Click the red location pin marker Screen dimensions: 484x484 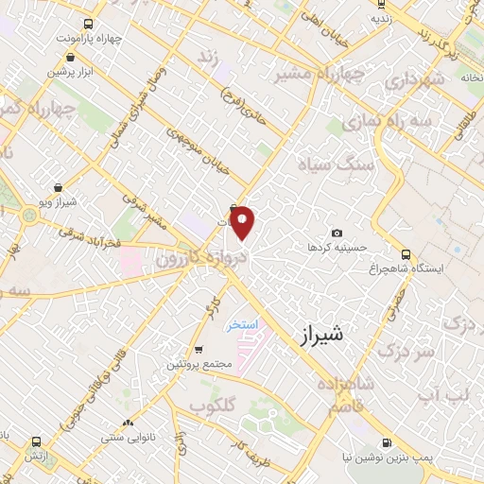[x=243, y=223]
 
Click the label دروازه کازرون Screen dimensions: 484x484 [x=193, y=257]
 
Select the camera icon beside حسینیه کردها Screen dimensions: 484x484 [x=337, y=233]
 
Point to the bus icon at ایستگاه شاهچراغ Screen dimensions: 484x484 [x=406, y=254]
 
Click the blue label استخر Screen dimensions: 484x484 [x=242, y=325]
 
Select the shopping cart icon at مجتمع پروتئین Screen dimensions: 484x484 [x=199, y=349]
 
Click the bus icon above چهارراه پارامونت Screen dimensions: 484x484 [x=88, y=25]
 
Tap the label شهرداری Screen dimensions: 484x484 [x=413, y=81]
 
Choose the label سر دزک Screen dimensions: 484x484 [x=404, y=351]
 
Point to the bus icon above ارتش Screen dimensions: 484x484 [x=36, y=441]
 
